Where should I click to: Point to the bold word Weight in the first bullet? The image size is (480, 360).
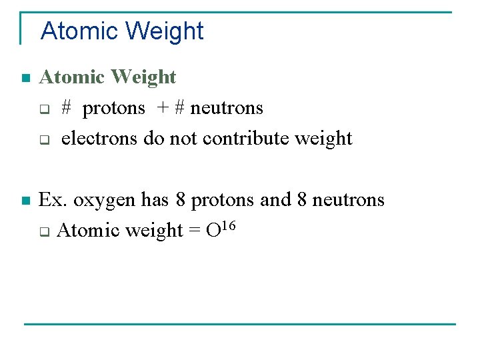coord(144,77)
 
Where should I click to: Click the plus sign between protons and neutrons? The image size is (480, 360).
coord(163,109)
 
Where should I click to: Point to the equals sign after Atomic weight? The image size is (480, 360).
coord(194,231)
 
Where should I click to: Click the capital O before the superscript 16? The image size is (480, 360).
coord(213,231)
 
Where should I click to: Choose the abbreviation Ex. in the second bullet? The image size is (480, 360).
coord(53,200)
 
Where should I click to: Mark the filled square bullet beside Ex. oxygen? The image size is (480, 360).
coord(25,201)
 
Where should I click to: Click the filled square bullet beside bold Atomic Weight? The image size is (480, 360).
coord(25,79)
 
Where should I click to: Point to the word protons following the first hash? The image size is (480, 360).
coord(114,109)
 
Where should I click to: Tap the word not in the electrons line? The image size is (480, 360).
coord(184,139)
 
